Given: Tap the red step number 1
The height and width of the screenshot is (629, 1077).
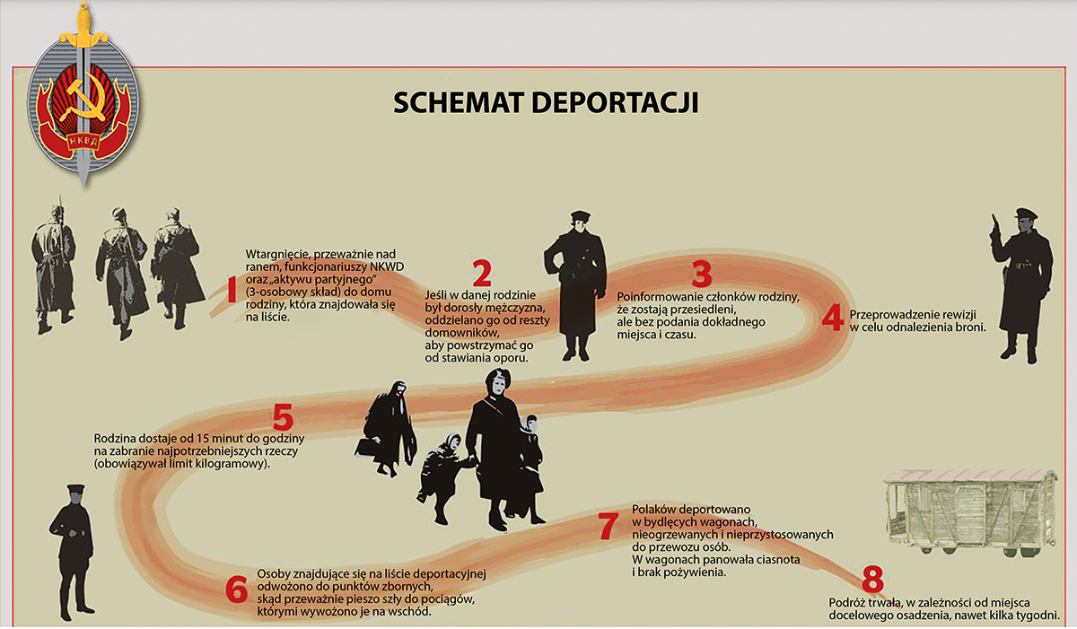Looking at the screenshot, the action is tap(232, 289).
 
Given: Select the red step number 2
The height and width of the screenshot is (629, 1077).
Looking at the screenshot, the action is tap(482, 274).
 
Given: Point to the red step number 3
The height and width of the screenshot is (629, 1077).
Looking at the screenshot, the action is tap(702, 274).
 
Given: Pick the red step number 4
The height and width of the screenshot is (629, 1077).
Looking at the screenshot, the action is tap(832, 317).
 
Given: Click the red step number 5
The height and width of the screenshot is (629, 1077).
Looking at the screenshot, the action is tap(283, 416).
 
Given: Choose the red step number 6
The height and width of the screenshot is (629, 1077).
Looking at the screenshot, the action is tap(237, 590).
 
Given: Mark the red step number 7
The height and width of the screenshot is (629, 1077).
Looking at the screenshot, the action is tap(608, 526).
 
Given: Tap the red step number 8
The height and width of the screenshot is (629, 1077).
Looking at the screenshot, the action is tap(872, 579).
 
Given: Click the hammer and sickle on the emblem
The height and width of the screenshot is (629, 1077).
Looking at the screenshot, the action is tap(86, 100).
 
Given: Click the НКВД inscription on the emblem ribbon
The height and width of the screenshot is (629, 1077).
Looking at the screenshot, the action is tap(83, 141).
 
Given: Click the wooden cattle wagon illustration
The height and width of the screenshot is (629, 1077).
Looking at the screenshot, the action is tap(972, 513).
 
